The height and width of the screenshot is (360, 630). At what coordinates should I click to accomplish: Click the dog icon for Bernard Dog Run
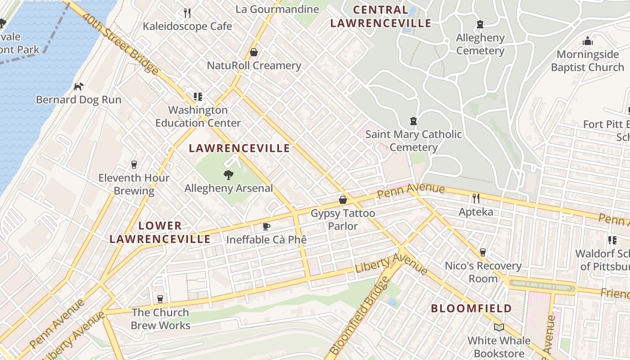point(79,86)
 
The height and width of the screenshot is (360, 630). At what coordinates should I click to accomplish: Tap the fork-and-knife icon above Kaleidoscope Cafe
point(188,13)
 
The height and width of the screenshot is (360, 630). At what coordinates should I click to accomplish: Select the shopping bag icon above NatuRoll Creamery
point(254,52)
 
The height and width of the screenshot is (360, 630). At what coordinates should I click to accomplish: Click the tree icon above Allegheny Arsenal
point(229,175)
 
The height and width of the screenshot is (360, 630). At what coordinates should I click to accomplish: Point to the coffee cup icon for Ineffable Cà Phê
point(266,226)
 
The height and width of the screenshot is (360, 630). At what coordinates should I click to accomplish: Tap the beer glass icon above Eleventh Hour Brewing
point(134,164)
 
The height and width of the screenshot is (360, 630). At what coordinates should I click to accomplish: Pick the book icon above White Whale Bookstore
point(499,327)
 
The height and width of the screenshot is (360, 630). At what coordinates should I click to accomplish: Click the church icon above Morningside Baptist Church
point(588,41)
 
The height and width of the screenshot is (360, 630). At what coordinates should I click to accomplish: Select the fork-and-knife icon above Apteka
point(476,198)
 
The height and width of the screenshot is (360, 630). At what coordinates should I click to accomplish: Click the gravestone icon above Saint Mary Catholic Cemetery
point(414,121)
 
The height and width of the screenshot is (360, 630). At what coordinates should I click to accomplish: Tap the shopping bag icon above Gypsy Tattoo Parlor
point(343,199)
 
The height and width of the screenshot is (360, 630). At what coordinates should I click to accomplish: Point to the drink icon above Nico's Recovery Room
point(483,252)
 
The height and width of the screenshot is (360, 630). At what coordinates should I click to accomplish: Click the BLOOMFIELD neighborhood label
point(472,309)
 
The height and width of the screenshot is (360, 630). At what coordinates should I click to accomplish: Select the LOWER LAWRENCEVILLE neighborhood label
point(160,232)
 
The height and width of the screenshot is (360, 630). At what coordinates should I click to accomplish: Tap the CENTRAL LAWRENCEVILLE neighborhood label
point(381,16)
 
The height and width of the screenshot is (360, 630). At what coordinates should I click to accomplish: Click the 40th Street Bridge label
point(121,44)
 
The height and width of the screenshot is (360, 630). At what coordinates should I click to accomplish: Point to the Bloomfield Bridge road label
point(359,315)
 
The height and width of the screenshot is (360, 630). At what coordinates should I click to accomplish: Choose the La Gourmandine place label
point(277,9)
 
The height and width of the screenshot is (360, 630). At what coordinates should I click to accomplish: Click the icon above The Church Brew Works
point(160,299)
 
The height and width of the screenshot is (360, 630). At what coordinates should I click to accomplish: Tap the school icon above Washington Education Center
point(198,96)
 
